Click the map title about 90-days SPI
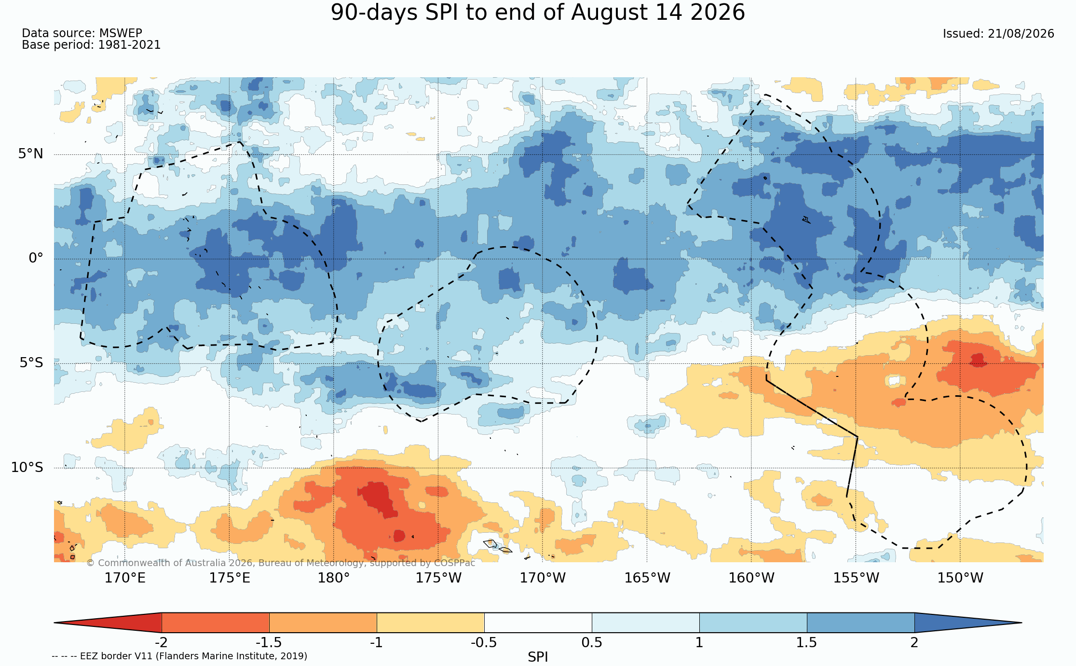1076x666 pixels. (538, 13)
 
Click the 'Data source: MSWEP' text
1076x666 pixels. (82, 33)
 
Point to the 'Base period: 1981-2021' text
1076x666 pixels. (91, 45)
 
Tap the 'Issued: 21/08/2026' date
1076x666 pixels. (998, 34)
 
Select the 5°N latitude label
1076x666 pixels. (31, 154)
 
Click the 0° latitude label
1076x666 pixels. (36, 258)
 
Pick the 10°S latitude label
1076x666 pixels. (27, 467)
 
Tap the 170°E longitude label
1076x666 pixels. (125, 578)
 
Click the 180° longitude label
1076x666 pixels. (334, 578)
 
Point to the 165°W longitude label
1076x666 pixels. (647, 578)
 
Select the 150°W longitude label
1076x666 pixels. (960, 578)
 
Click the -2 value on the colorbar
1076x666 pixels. (161, 643)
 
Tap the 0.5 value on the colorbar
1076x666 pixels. (592, 643)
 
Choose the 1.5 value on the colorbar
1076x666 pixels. (807, 643)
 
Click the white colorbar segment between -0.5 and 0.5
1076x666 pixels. (538, 623)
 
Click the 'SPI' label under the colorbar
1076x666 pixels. (538, 657)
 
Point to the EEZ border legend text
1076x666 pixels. (179, 656)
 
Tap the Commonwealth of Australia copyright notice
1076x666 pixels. (281, 563)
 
